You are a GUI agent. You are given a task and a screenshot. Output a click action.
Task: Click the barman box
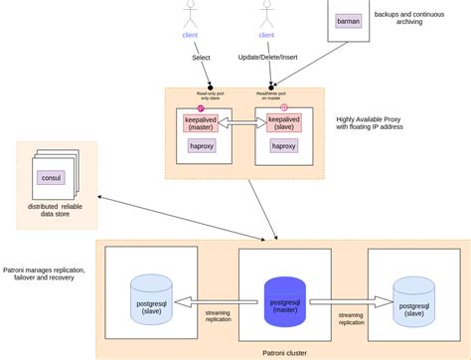coord(348,20)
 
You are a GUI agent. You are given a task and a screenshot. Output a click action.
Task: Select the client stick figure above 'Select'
coord(190,14)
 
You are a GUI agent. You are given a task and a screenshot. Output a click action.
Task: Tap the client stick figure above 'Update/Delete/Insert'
coord(266,14)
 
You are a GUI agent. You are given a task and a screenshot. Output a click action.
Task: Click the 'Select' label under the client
coord(201,58)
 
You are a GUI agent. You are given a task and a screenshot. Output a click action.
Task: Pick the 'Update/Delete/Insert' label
coord(268,58)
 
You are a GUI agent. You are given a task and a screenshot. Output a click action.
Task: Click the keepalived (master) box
coord(203,123)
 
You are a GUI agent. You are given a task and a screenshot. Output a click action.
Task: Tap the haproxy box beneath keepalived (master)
coord(203,146)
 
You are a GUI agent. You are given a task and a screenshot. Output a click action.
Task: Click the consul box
coord(51,178)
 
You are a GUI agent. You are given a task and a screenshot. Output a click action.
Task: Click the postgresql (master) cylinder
coord(285,302)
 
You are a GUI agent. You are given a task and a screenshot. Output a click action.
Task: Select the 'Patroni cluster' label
coord(284,352)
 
